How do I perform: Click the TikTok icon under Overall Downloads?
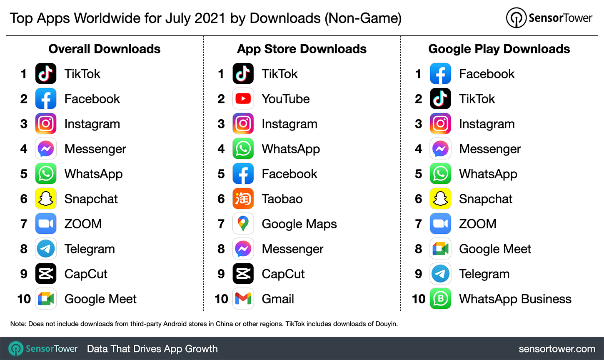46,74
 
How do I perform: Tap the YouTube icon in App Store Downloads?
243,99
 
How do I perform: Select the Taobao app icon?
243,199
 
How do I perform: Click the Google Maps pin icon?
243,224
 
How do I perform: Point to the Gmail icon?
243,299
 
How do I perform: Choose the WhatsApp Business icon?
440,299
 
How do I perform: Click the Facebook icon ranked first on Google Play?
440,74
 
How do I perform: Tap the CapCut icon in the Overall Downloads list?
46,274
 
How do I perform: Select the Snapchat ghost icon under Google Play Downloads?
440,199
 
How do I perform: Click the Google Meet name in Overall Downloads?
100,299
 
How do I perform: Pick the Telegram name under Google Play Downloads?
484,274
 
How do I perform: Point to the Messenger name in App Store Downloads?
292,249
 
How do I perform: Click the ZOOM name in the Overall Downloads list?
83,224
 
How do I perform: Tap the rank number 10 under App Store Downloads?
221,299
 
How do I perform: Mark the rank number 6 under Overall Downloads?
24,199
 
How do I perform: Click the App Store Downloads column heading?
302,49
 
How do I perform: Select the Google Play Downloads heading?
499,49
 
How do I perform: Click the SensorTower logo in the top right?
549,18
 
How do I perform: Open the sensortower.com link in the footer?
557,349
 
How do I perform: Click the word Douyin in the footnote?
386,324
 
